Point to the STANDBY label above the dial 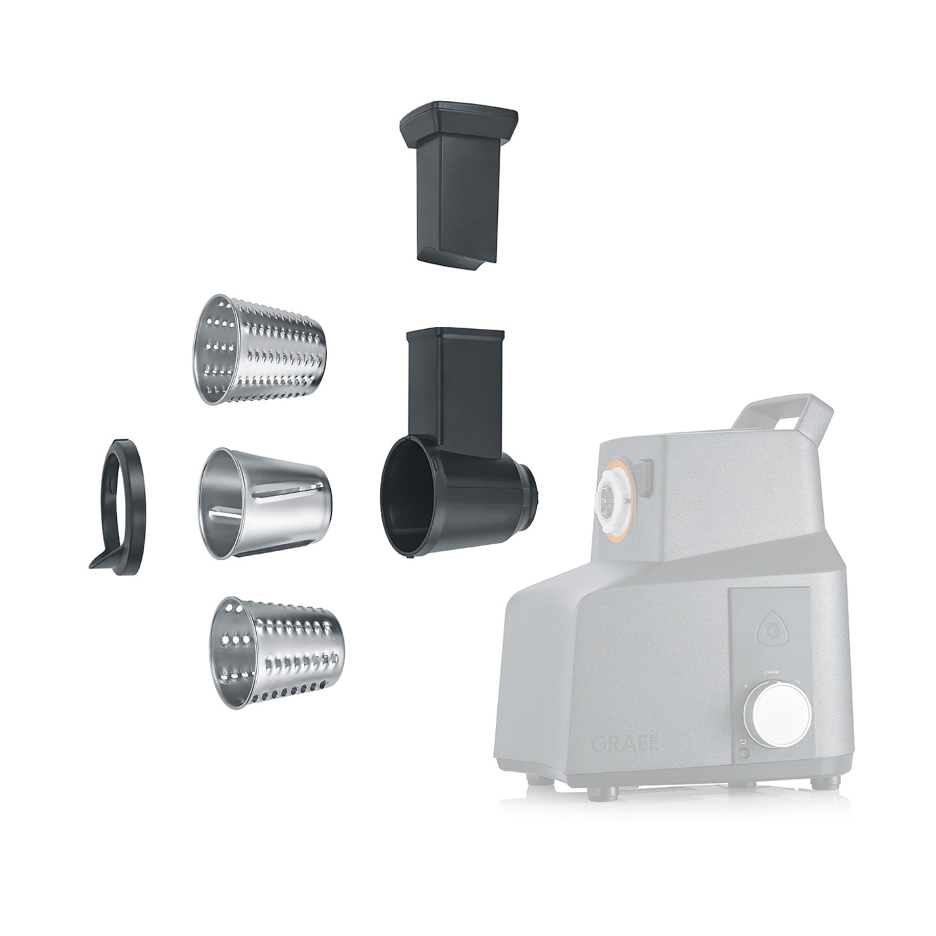click(773, 673)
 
